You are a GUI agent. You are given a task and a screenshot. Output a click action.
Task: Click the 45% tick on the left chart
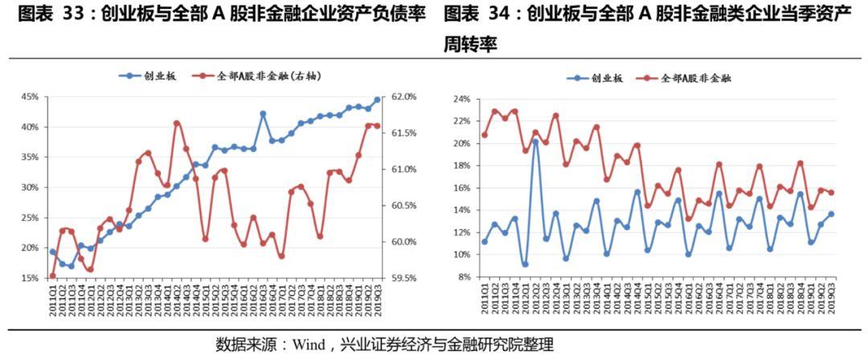tap(30, 96)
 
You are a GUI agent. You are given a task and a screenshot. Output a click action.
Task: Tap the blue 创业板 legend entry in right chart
tap(595, 79)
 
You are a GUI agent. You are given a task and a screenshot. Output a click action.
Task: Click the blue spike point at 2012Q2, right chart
tap(535, 142)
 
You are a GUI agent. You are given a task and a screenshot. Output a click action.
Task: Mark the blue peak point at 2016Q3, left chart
tap(263, 114)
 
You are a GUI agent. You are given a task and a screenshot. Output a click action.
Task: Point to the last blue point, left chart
tap(377, 100)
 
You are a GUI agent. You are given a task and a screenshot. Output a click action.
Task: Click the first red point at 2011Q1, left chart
tap(53, 276)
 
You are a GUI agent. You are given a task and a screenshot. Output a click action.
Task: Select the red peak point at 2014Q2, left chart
tap(177, 123)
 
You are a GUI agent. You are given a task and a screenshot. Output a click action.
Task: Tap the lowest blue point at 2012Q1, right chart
tap(525, 264)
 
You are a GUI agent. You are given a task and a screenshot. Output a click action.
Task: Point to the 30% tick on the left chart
tap(30, 187)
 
